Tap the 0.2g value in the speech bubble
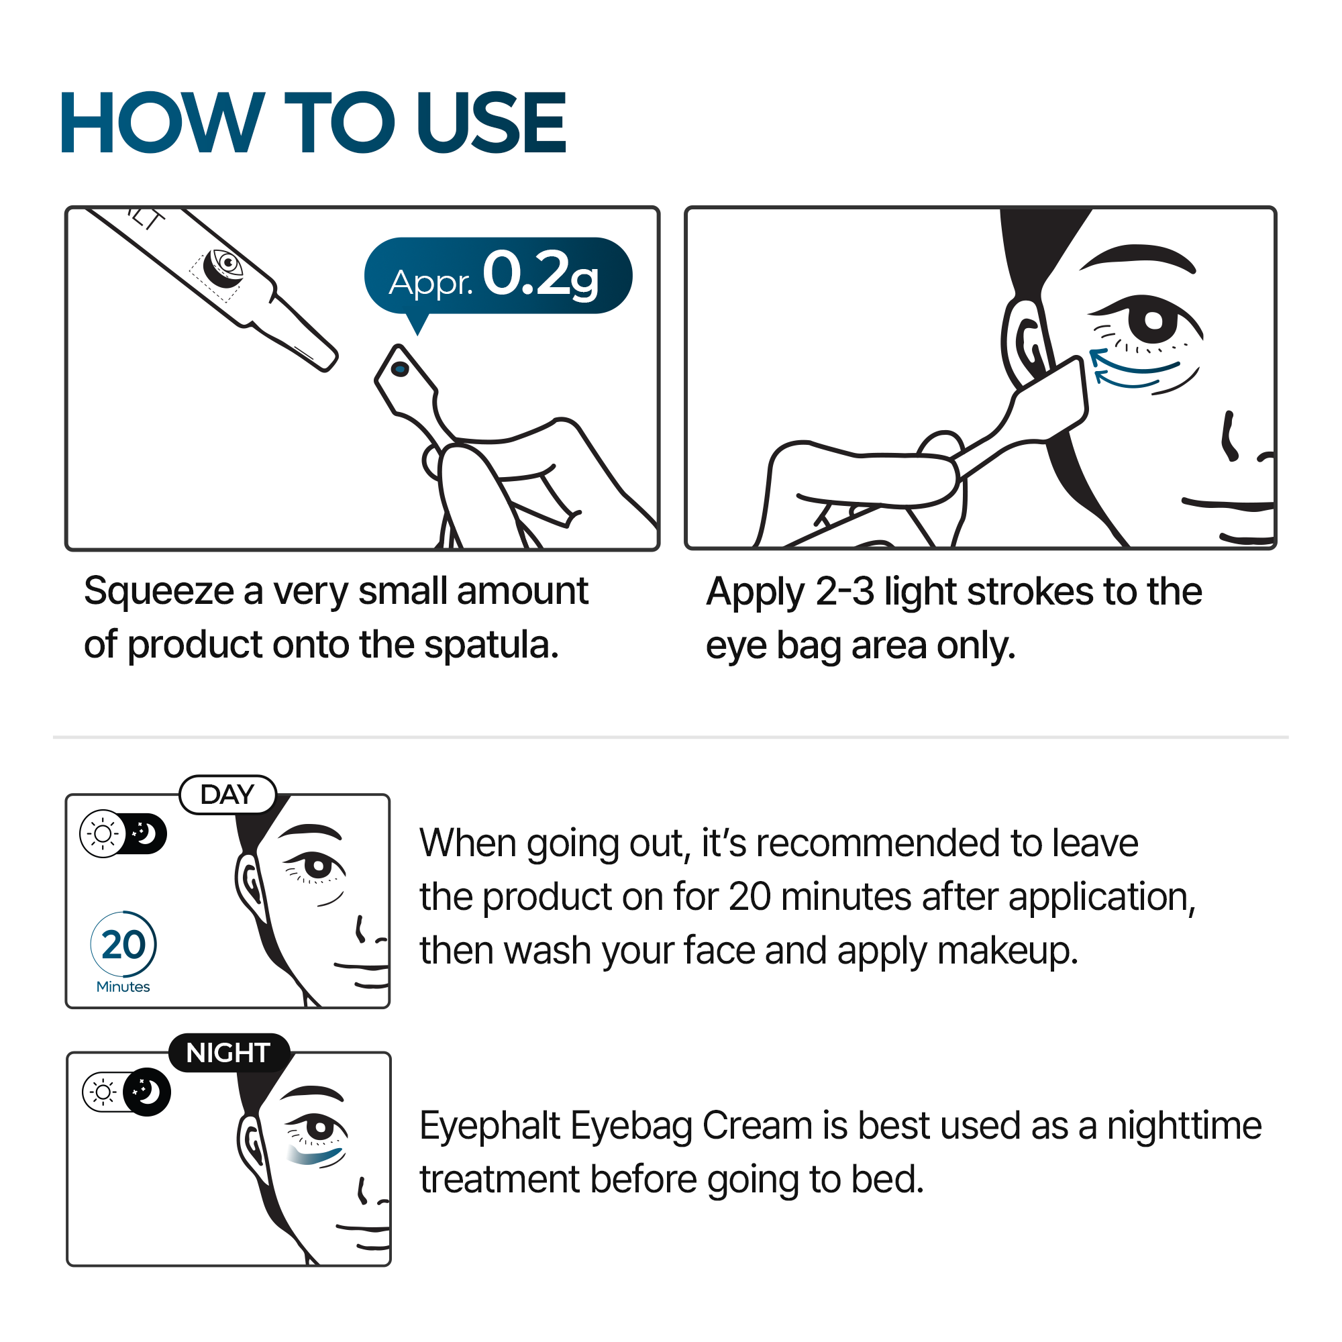[539, 275]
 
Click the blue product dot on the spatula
[399, 369]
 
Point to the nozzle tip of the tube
[328, 360]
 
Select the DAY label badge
[228, 794]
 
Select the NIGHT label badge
[228, 1053]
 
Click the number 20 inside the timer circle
[123, 945]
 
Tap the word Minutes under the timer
[123, 987]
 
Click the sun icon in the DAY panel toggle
[103, 833]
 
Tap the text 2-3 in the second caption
[844, 592]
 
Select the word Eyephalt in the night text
[490, 1126]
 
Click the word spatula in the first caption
[491, 645]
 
